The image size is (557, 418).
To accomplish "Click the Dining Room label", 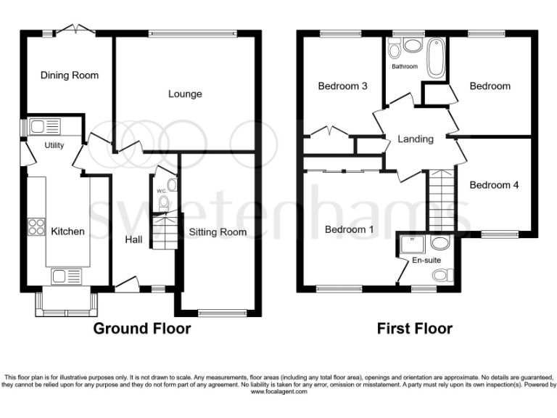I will click(70, 75).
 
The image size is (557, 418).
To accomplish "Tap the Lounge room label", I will click(185, 94).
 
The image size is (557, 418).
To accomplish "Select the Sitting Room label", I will click(218, 232).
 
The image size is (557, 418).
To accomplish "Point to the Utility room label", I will click(54, 145).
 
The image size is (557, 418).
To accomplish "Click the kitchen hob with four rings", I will click(36, 227).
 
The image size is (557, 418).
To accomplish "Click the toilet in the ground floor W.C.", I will click(164, 202).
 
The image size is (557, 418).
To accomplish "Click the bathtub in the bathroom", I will click(436, 59).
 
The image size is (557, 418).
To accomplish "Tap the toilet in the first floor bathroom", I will click(394, 50).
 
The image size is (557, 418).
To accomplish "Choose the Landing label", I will click(416, 139).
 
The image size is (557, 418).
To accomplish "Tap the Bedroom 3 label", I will click(342, 86).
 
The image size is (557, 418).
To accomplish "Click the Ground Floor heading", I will click(142, 329).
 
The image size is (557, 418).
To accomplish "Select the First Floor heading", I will click(415, 329).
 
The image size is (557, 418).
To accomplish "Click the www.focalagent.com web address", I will click(278, 392).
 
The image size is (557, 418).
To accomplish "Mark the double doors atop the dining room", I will click(76, 29).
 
